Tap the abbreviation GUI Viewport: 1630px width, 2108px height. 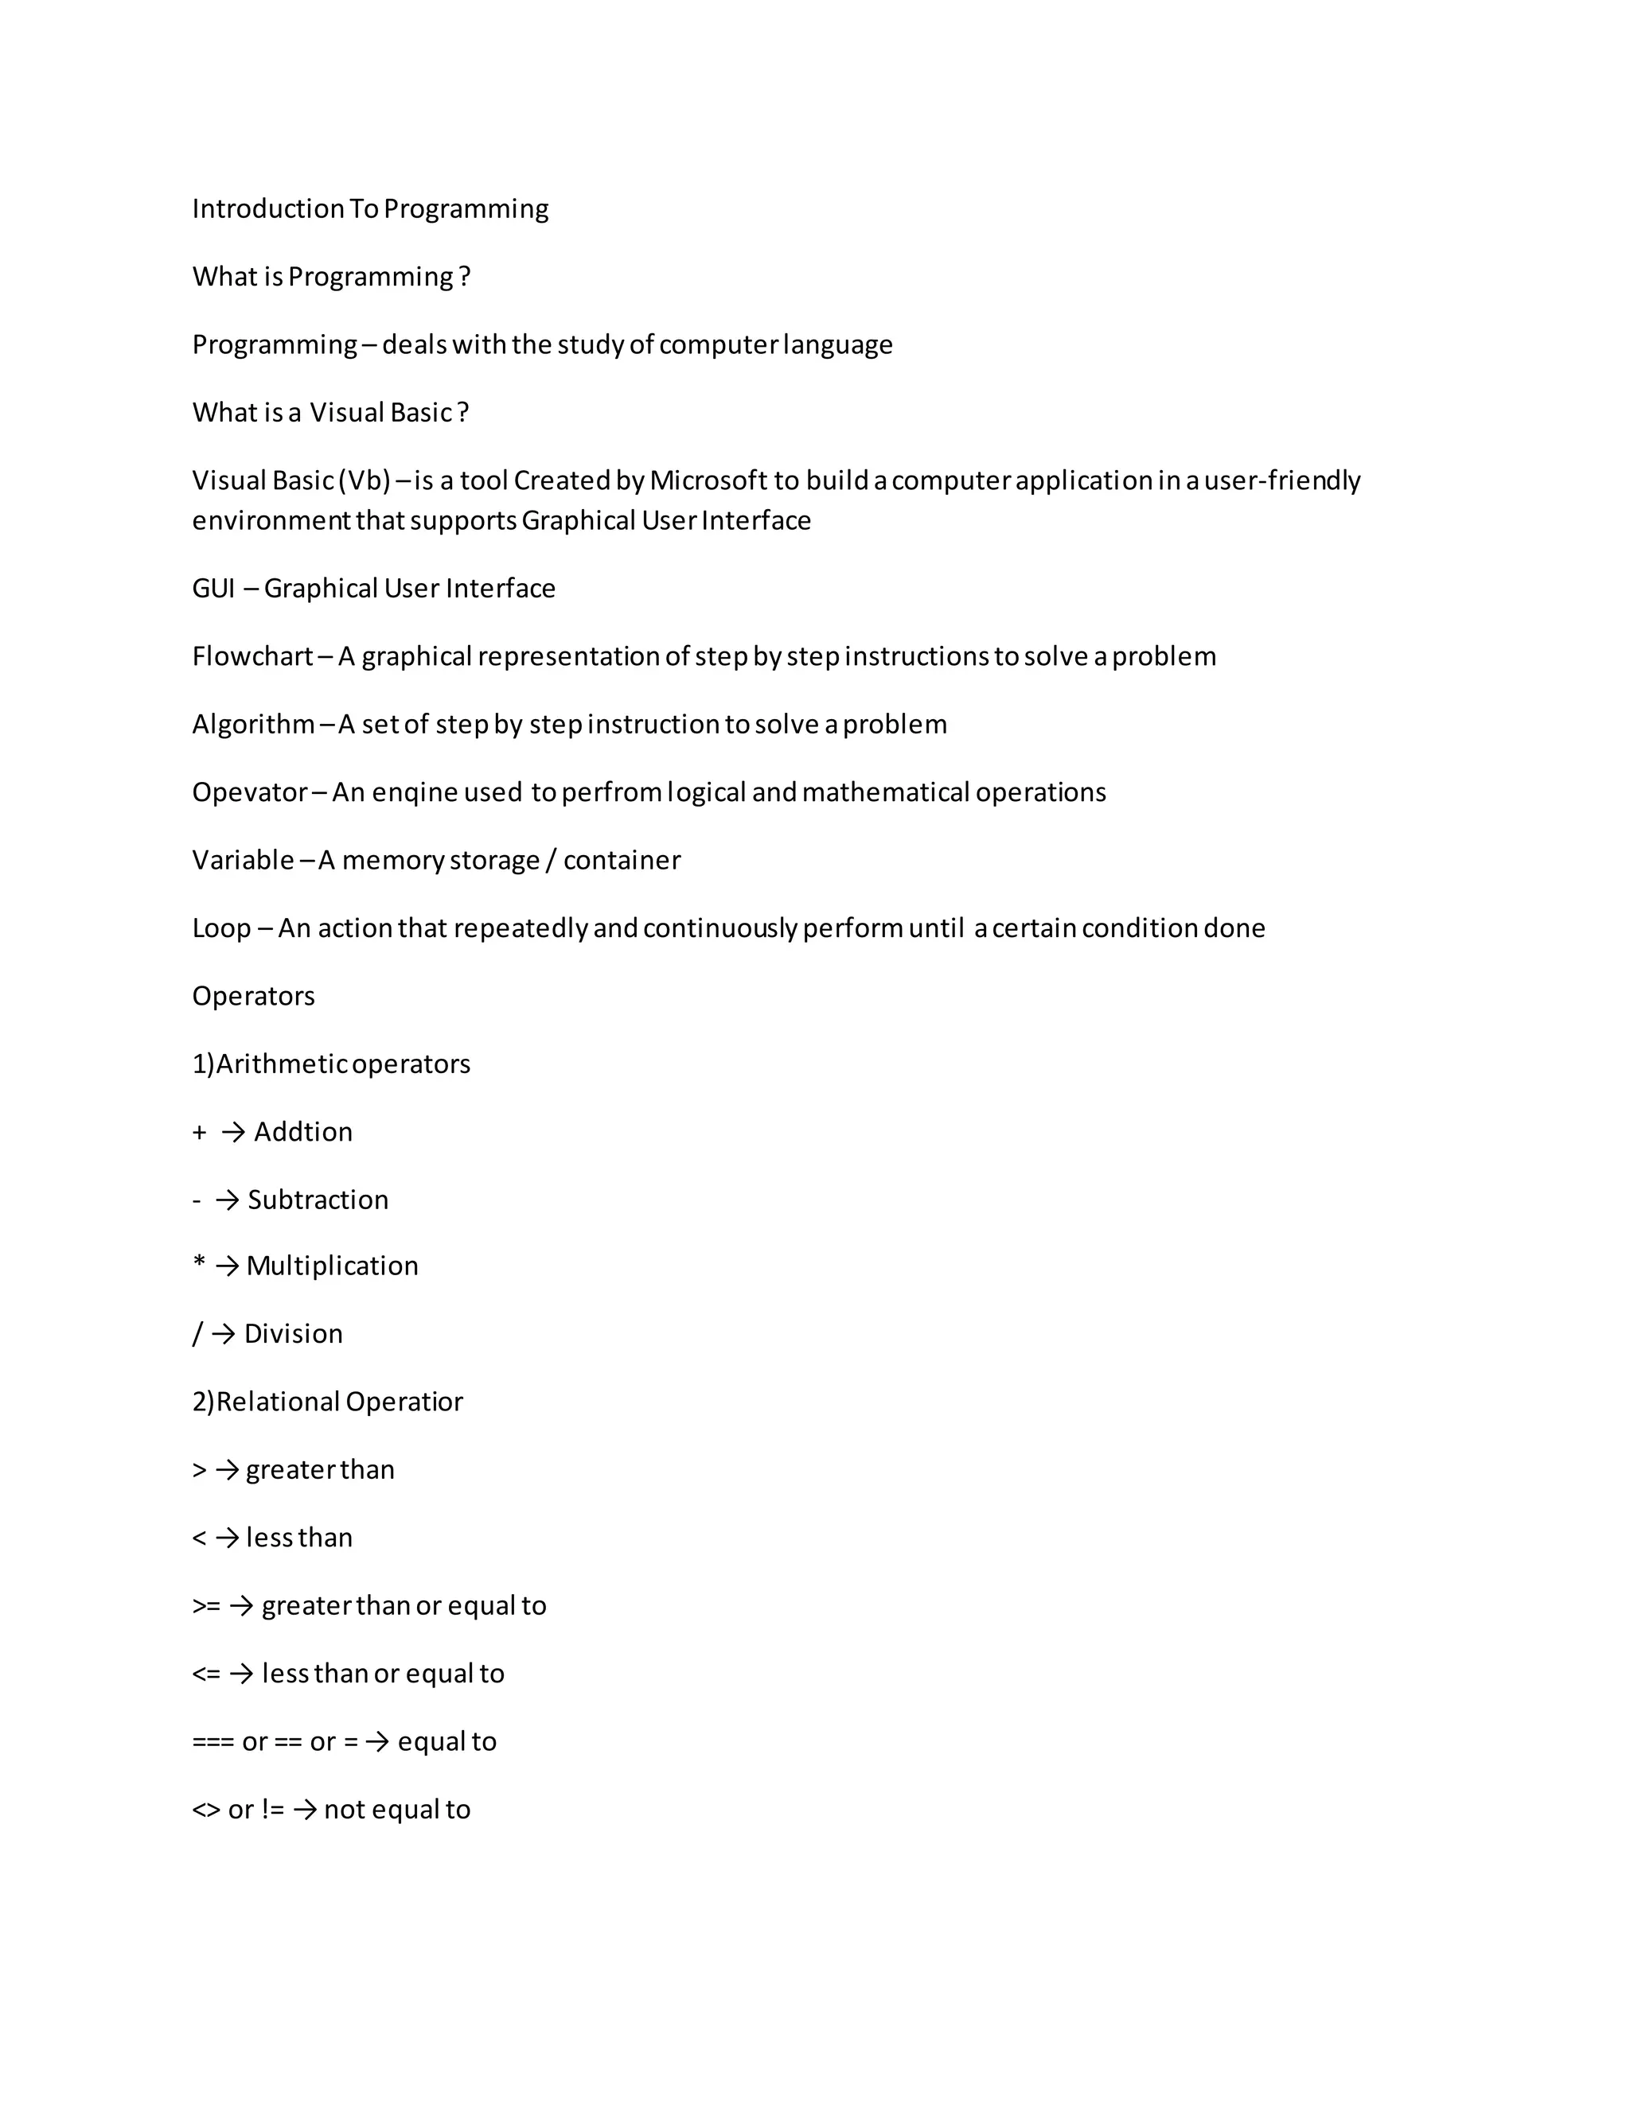tap(213, 588)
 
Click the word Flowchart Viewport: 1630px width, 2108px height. tap(252, 656)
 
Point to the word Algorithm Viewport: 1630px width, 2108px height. tap(253, 724)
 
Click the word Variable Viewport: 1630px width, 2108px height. tap(243, 860)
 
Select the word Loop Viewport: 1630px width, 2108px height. tap(221, 928)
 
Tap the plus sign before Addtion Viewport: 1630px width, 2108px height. tap(199, 1132)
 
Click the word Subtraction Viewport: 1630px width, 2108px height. tap(318, 1200)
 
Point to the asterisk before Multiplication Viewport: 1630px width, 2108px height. tap(199, 1262)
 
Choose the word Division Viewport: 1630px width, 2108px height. tap(293, 1334)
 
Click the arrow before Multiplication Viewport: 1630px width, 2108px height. tap(227, 1266)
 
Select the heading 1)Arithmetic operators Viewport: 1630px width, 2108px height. tap(331, 1064)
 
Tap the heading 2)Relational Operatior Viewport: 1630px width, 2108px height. tap(327, 1402)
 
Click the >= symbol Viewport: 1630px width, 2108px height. tap(205, 1606)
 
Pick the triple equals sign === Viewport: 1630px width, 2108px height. tap(213, 1741)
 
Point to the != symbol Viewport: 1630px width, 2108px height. tap(272, 1810)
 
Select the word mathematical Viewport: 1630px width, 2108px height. tap(886, 792)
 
